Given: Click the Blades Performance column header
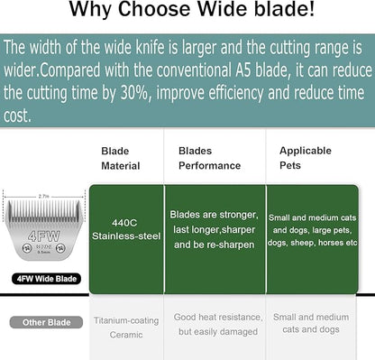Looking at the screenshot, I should [x=209, y=159].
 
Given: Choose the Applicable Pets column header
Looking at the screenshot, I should [x=306, y=159].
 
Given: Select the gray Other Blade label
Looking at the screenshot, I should [x=40, y=322].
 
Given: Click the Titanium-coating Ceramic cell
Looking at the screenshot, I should [x=126, y=328].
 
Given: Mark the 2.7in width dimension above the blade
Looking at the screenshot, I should [x=43, y=194].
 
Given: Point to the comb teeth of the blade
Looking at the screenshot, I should [x=43, y=211].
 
